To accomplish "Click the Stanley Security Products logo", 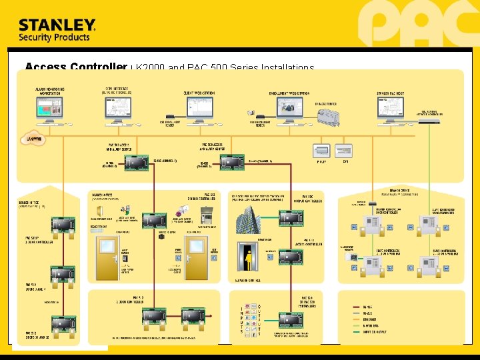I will pyautogui.click(x=57, y=30).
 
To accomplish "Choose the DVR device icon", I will pyautogui.click(x=344, y=149).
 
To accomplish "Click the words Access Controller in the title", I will pyautogui.click(x=75, y=67).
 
